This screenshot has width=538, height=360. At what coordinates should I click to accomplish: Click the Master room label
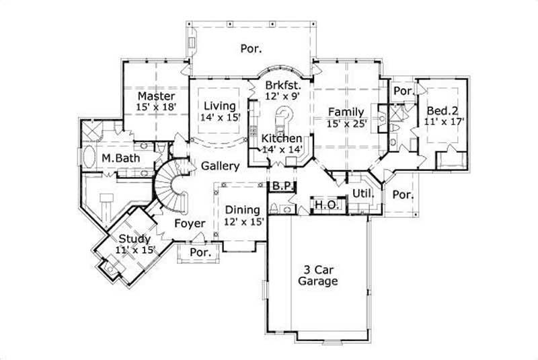[x=156, y=96]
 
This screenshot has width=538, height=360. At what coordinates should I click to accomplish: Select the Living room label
[x=219, y=106]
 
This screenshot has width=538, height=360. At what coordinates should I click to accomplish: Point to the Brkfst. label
[x=282, y=85]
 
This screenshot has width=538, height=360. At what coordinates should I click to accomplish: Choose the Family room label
[x=346, y=112]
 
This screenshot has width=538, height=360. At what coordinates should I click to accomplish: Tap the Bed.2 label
[x=440, y=110]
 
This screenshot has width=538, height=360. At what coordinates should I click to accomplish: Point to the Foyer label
[x=190, y=223]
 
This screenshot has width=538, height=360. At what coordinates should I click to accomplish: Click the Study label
[x=135, y=239]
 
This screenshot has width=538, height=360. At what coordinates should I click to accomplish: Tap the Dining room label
[x=241, y=209]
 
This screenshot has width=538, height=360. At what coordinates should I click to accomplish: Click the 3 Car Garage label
[x=317, y=275]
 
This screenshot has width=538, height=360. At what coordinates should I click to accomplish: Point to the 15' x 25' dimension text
[x=346, y=123]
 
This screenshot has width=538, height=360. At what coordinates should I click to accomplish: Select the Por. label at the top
[x=250, y=48]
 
